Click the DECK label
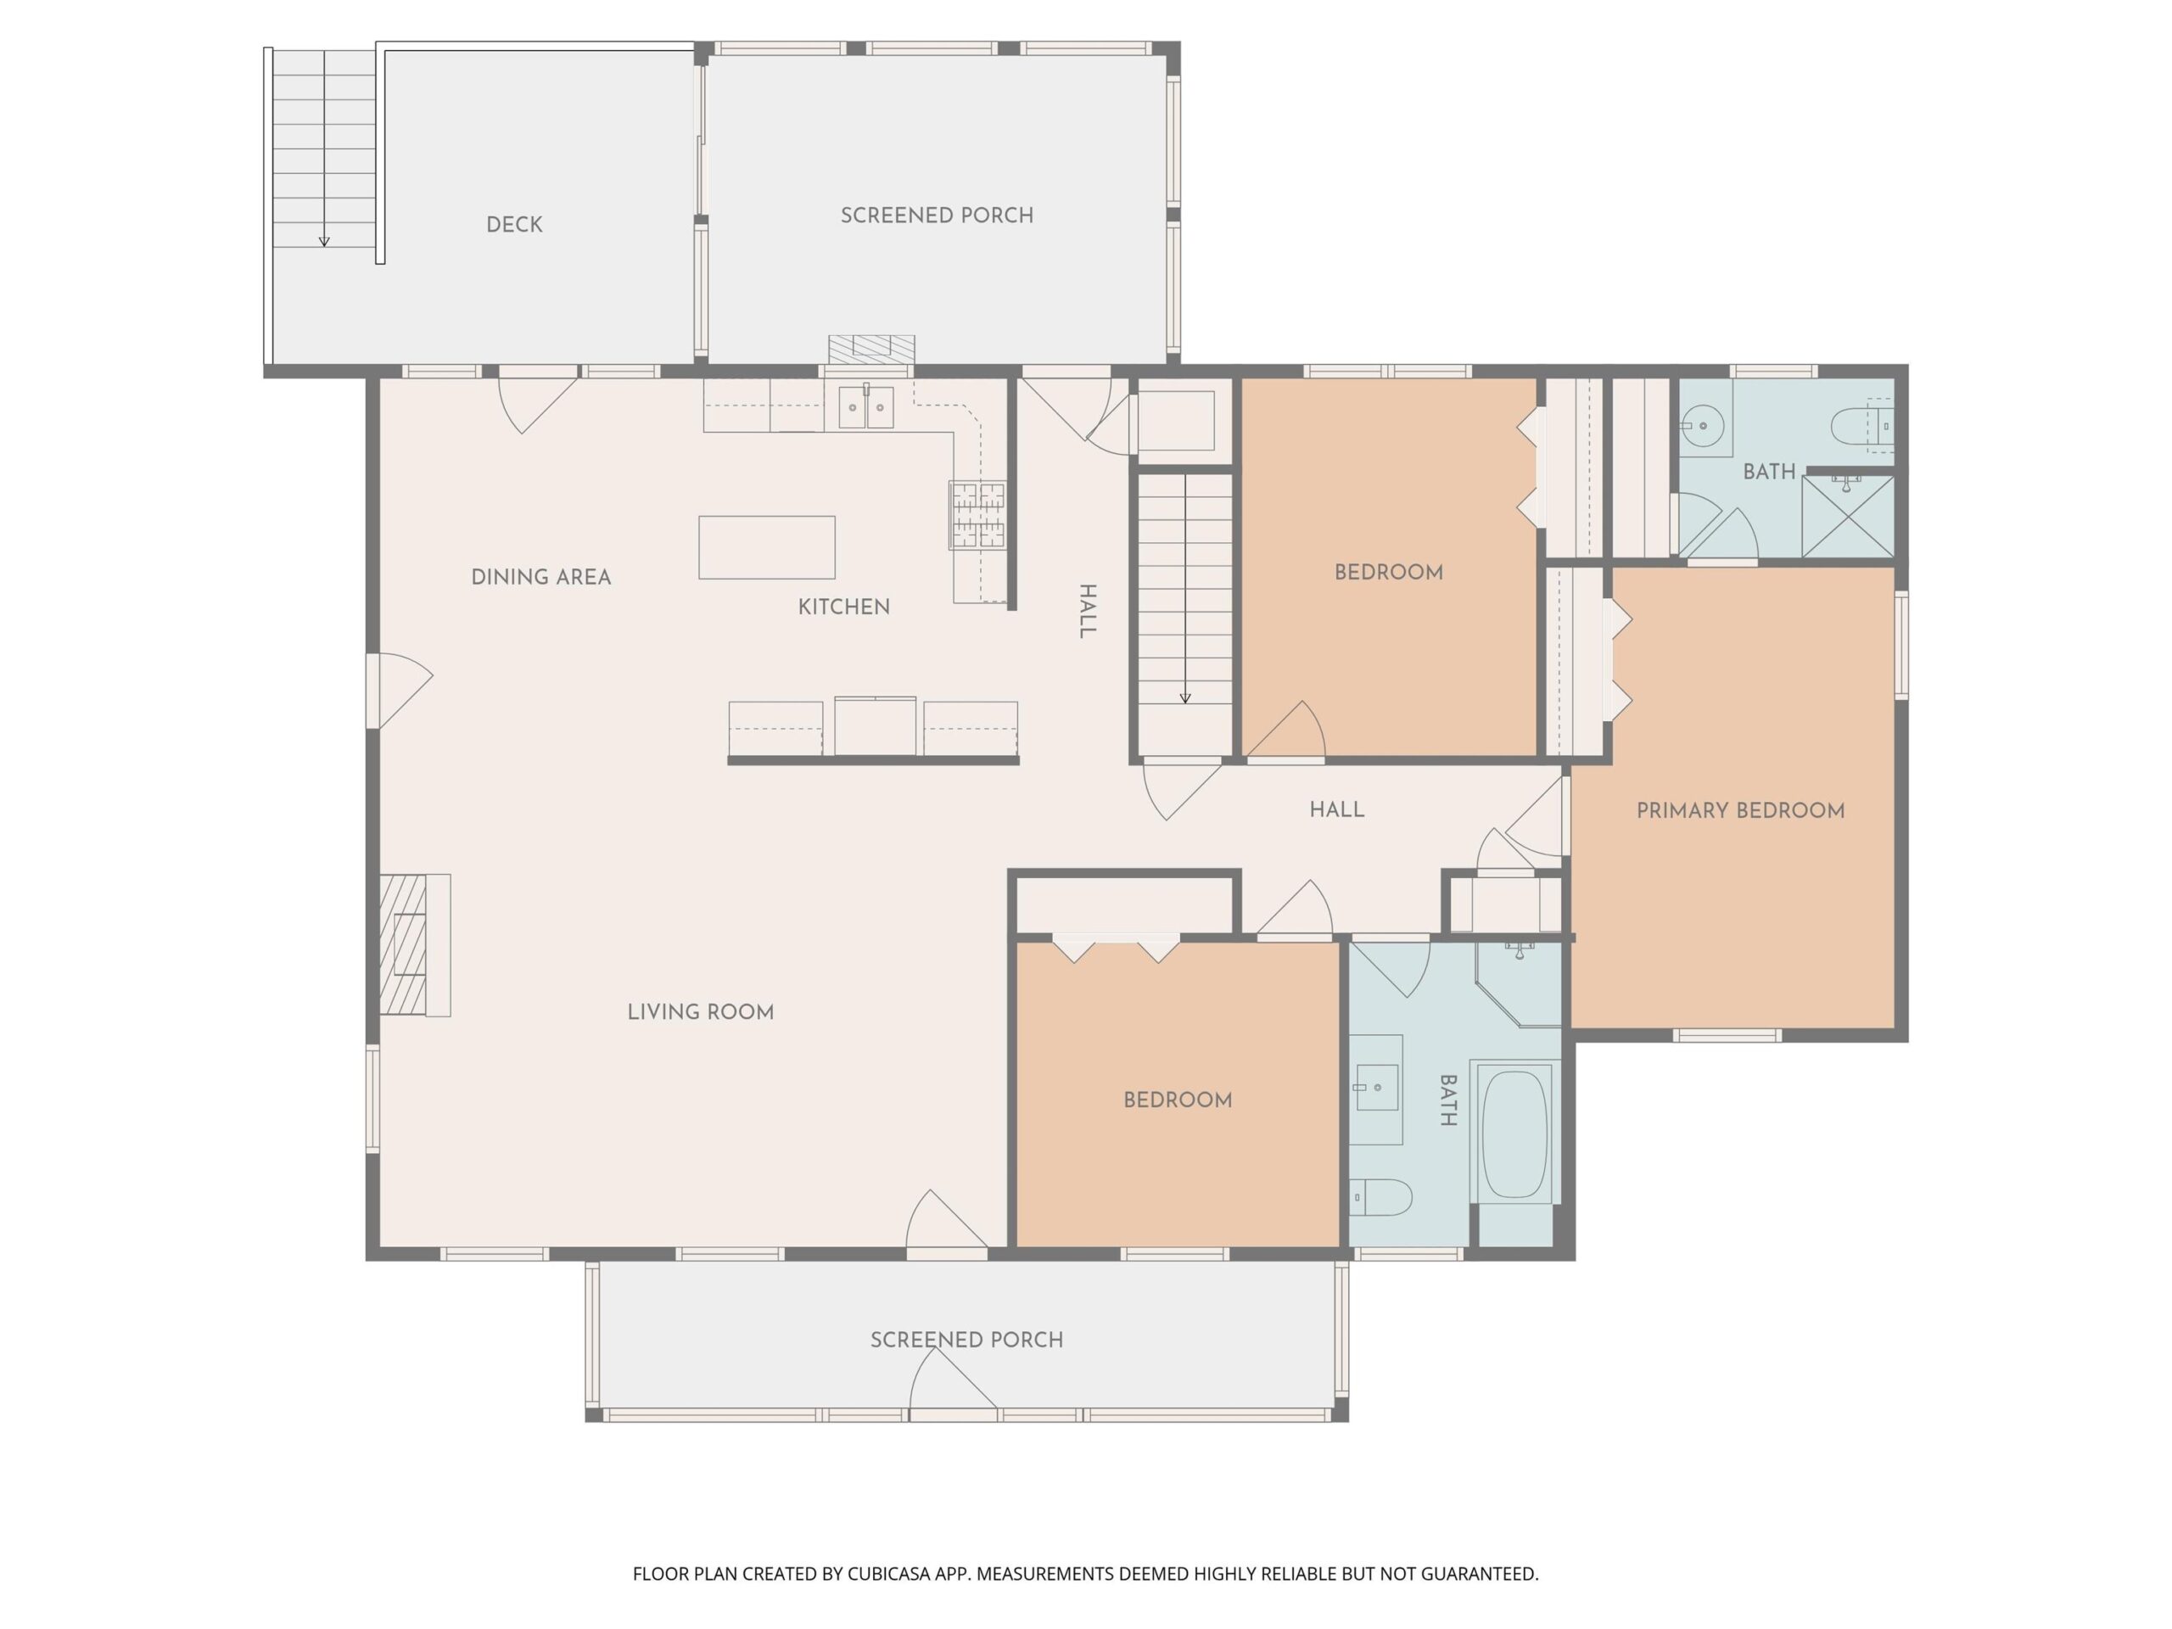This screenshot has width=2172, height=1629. (x=514, y=225)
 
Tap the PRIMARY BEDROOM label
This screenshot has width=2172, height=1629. (x=1740, y=811)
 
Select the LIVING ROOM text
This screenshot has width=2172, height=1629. (x=700, y=1012)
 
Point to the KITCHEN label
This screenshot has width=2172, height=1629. (x=843, y=607)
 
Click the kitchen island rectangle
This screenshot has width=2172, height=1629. (x=767, y=547)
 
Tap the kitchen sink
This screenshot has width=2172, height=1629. (x=865, y=406)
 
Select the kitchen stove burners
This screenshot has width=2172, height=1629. (x=977, y=514)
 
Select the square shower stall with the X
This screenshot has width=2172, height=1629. (x=1848, y=517)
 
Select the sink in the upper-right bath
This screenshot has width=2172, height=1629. (x=1704, y=426)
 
